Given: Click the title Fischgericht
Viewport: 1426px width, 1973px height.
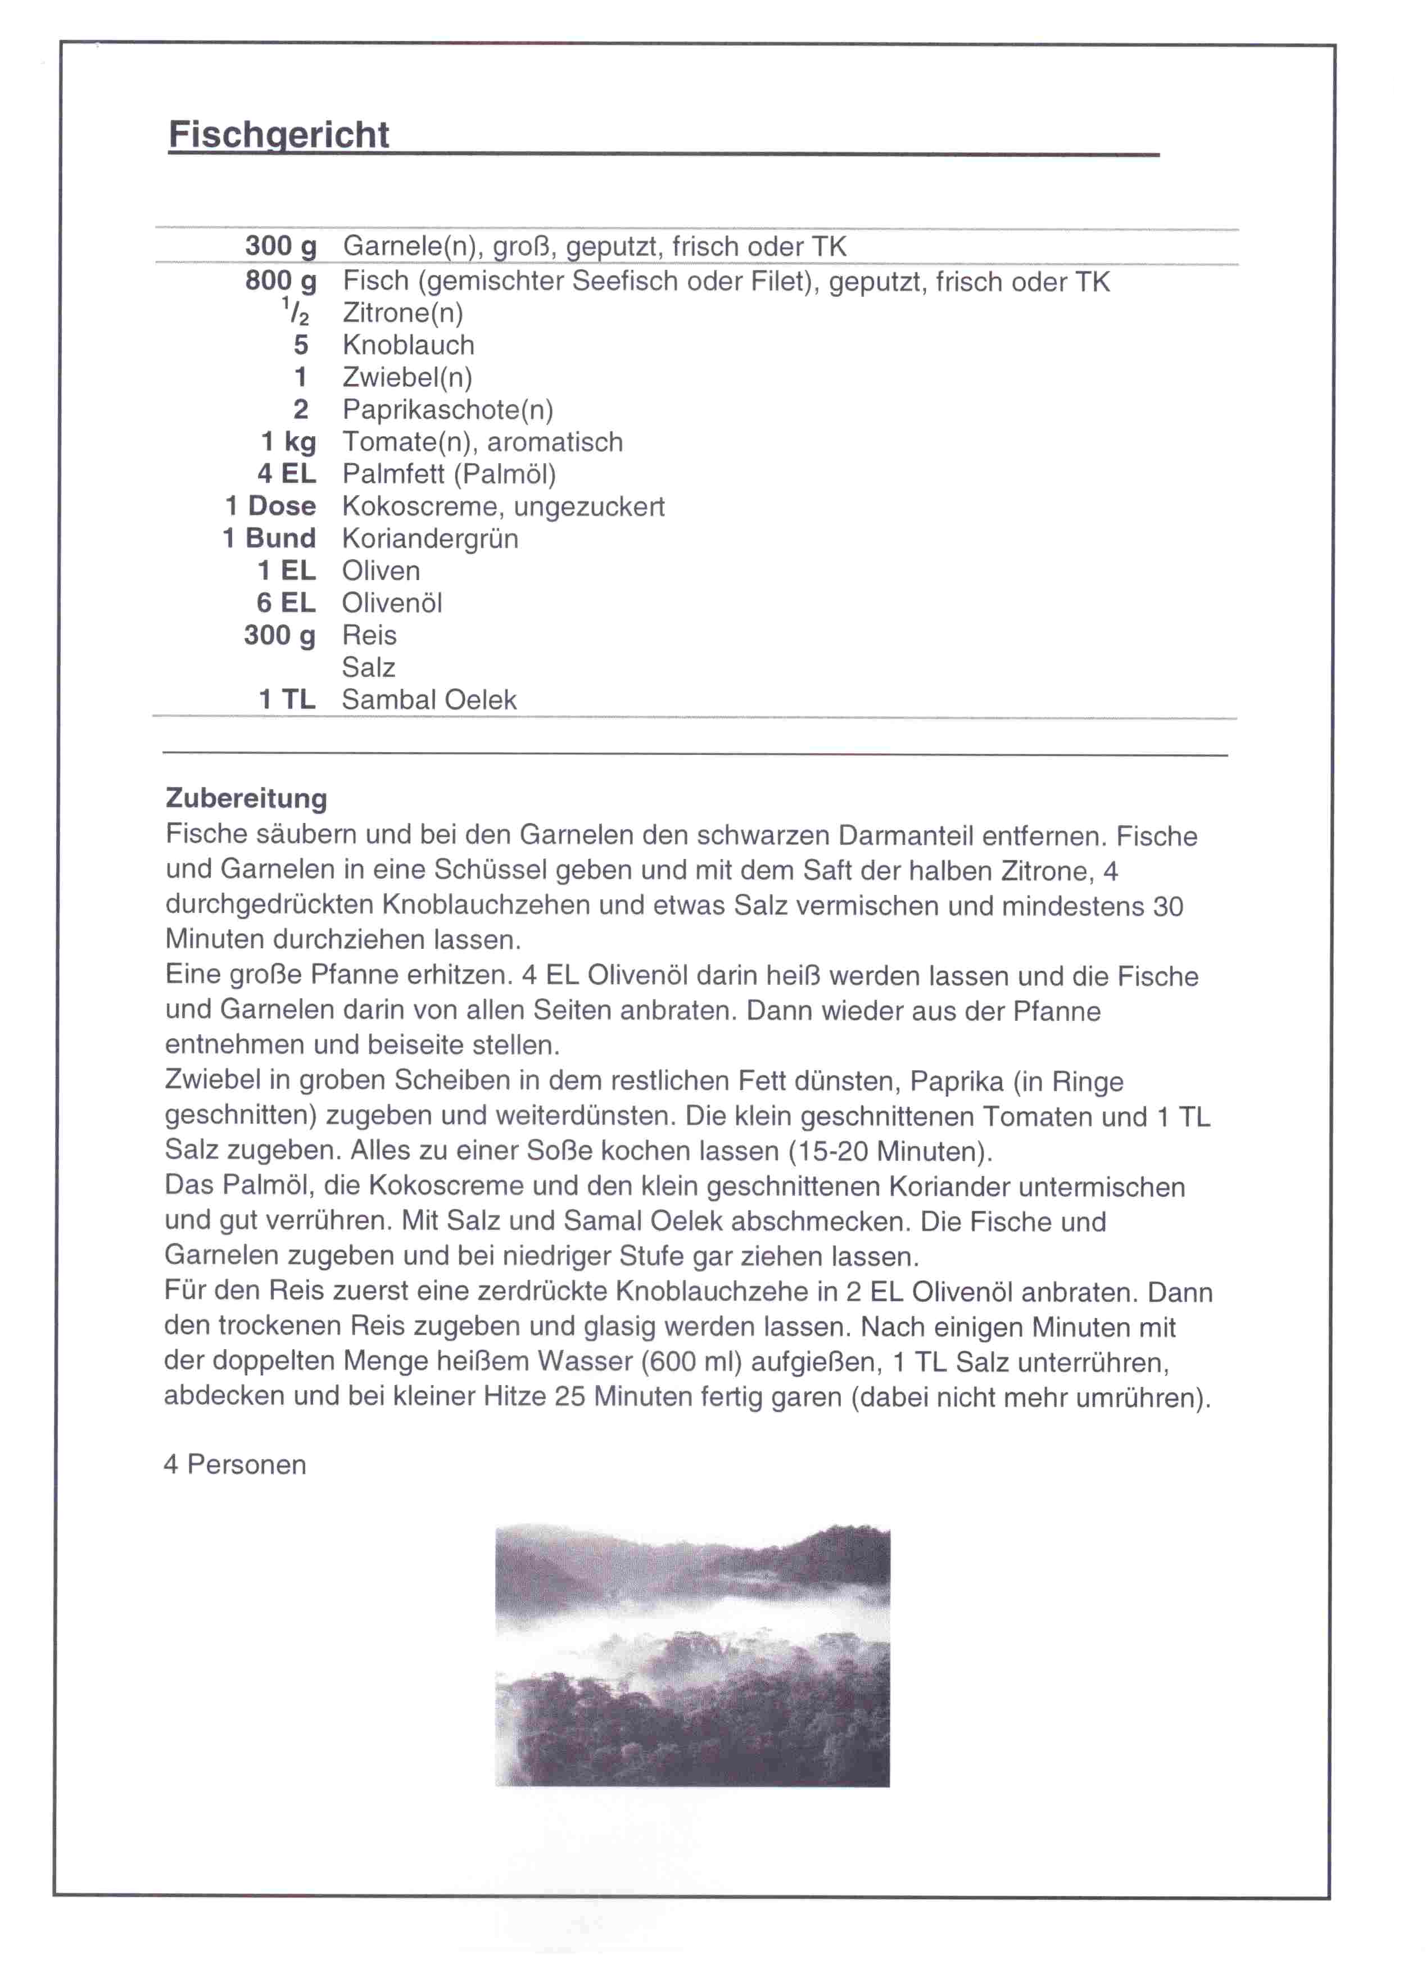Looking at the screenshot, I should pyautogui.click(x=278, y=135).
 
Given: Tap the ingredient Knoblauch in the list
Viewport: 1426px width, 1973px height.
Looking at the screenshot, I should pyautogui.click(x=408, y=345).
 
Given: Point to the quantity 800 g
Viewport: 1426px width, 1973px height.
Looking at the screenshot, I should pyautogui.click(x=280, y=281).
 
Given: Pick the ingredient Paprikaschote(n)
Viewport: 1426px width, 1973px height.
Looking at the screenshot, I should pyautogui.click(x=447, y=410).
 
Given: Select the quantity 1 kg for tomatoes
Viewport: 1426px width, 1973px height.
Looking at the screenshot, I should pyautogui.click(x=288, y=442).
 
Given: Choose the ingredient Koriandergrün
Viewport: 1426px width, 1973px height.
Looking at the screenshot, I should pyautogui.click(x=430, y=538).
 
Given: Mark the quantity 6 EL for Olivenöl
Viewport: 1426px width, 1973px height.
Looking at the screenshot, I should pyautogui.click(x=286, y=603).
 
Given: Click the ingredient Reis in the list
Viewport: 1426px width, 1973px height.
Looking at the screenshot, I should pyautogui.click(x=369, y=635).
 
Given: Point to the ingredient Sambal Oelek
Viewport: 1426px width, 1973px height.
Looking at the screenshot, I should pyautogui.click(x=429, y=699).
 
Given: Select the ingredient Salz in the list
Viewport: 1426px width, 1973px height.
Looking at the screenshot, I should pyautogui.click(x=368, y=667).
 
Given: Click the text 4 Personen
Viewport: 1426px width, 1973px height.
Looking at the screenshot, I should pyautogui.click(x=235, y=1464).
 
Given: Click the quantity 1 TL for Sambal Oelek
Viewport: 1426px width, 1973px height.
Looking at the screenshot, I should pyautogui.click(x=287, y=699).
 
